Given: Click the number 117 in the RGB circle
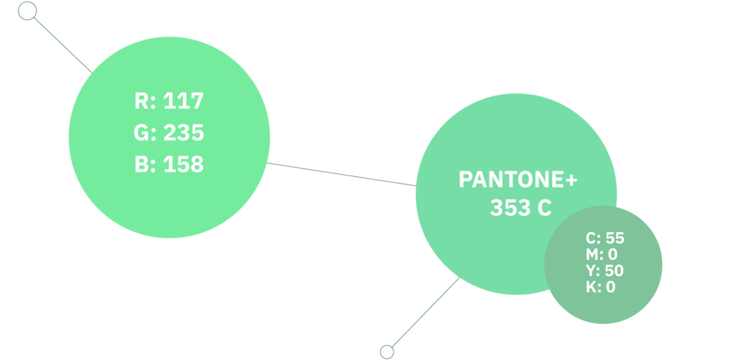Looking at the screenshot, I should pyautogui.click(x=183, y=101).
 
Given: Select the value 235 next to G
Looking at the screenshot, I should pyautogui.click(x=184, y=133).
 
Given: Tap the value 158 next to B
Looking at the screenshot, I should pyautogui.click(x=183, y=164).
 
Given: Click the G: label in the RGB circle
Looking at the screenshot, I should pyautogui.click(x=144, y=133).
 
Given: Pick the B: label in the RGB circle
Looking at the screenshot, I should pyautogui.click(x=144, y=164).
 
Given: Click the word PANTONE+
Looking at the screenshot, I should pyautogui.click(x=518, y=180).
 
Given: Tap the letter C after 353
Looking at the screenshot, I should pyautogui.click(x=545, y=208).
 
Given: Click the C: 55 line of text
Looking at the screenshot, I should pyautogui.click(x=604, y=239).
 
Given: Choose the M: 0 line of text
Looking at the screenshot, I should pyautogui.click(x=601, y=255).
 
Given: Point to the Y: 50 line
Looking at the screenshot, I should pyautogui.click(x=604, y=270).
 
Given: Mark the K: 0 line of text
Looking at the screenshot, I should pyautogui.click(x=601, y=287).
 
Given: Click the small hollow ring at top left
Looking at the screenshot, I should pyautogui.click(x=28, y=10).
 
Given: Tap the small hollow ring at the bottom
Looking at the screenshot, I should pyautogui.click(x=387, y=352).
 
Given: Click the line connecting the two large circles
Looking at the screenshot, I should pyautogui.click(x=341, y=174).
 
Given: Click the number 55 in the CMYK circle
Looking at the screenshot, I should pyautogui.click(x=615, y=239).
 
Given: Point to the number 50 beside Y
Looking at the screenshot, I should pyautogui.click(x=615, y=270).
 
